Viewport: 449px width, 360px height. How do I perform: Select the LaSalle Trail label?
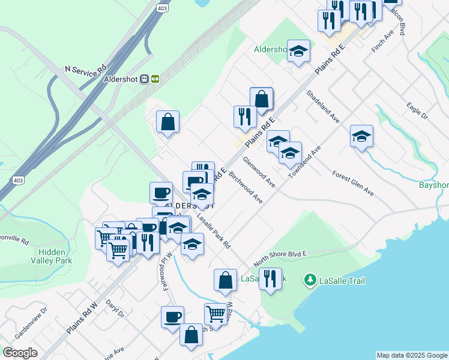coord(342,280)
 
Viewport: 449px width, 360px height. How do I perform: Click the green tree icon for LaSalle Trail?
coord(310,280)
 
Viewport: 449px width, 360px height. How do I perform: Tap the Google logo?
coord(20,352)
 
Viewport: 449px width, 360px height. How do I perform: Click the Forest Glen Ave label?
coord(353,183)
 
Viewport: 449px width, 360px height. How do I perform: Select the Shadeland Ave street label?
coord(323,107)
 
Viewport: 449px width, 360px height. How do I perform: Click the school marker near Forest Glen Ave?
coord(361,137)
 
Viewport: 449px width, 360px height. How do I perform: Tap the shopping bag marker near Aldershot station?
coord(168,121)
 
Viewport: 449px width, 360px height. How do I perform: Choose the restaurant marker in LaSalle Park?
coord(270,279)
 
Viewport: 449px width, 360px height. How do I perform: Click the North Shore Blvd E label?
coord(280,259)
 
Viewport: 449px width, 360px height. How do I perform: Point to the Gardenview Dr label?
coord(31,322)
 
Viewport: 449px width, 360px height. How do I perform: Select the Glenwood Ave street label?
coord(259,173)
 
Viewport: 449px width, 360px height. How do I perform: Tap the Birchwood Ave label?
coord(246,189)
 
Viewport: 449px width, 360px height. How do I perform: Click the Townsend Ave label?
coord(305,161)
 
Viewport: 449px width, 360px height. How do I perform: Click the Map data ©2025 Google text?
coord(412,355)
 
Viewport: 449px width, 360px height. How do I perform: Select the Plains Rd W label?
coord(82,319)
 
